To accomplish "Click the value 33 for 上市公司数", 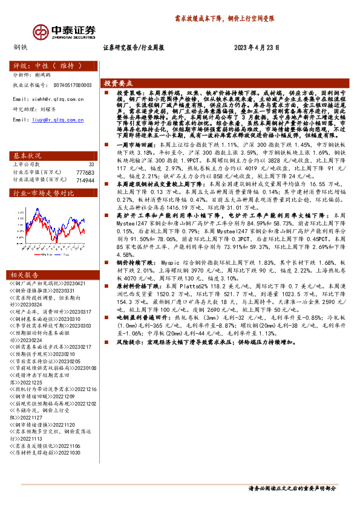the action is (x=91, y=164).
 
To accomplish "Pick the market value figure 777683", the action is (x=85, y=172).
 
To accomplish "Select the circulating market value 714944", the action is (x=85, y=180).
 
